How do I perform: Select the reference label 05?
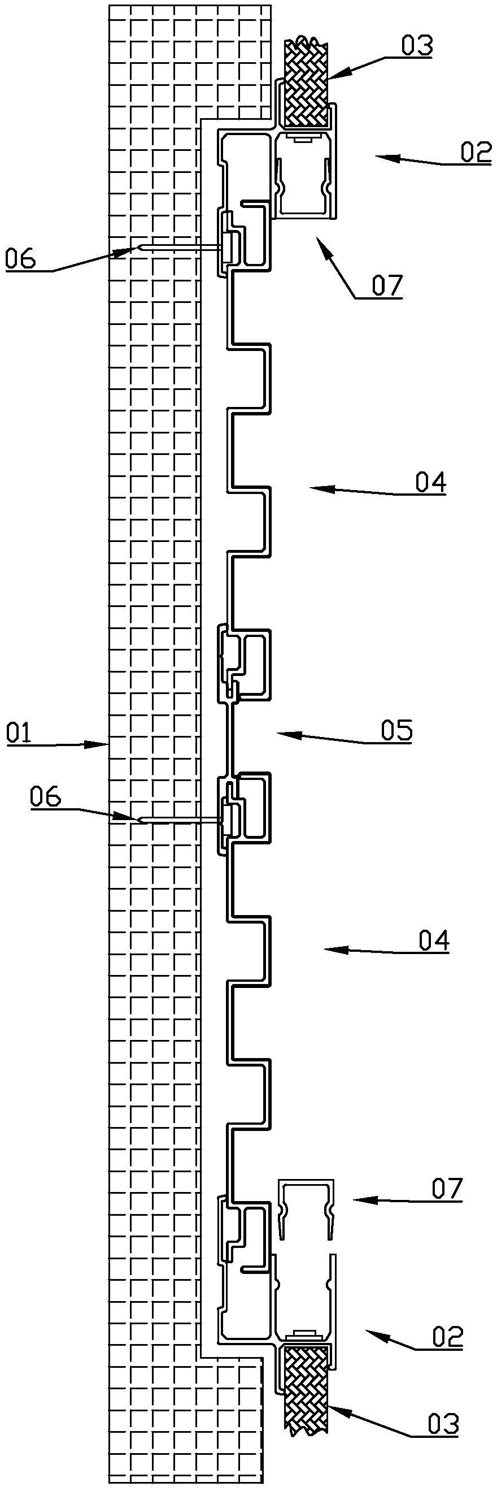[x=396, y=731]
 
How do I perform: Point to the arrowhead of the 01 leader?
[x=104, y=744]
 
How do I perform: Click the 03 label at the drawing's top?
[x=417, y=46]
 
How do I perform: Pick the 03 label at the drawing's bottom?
[x=443, y=1423]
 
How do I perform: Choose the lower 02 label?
[x=448, y=1337]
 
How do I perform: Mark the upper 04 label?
[x=430, y=482]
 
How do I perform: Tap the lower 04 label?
[x=433, y=940]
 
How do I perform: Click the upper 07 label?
[x=386, y=285]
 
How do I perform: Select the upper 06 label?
[x=20, y=258]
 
